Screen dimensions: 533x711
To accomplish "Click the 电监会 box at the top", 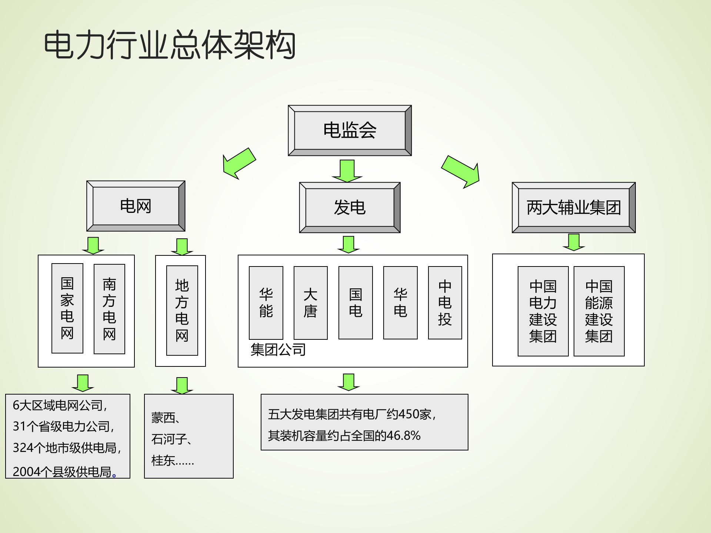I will click(350, 130).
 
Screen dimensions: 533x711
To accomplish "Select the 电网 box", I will click(136, 206).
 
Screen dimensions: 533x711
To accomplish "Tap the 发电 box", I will click(350, 207).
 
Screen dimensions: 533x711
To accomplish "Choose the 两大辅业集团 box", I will click(574, 207).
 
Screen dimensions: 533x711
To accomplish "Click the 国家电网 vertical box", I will click(67, 308).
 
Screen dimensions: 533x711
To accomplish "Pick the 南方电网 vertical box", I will click(109, 309).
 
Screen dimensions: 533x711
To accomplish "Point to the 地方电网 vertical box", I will click(182, 311).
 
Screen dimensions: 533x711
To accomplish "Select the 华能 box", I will click(266, 303).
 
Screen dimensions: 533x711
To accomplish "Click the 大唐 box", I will click(310, 303).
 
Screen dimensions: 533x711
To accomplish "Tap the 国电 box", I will click(355, 303).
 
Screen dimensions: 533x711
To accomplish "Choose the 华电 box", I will click(400, 303).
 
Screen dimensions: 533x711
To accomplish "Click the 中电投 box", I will click(445, 303).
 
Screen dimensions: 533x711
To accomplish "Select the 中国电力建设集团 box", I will click(543, 311).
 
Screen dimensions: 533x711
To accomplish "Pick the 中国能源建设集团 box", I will click(599, 311).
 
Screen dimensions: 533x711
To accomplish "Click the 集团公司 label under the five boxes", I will click(278, 350).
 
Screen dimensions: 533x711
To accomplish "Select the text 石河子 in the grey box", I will click(169, 439).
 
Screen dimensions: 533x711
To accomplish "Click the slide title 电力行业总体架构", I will click(170, 45).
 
